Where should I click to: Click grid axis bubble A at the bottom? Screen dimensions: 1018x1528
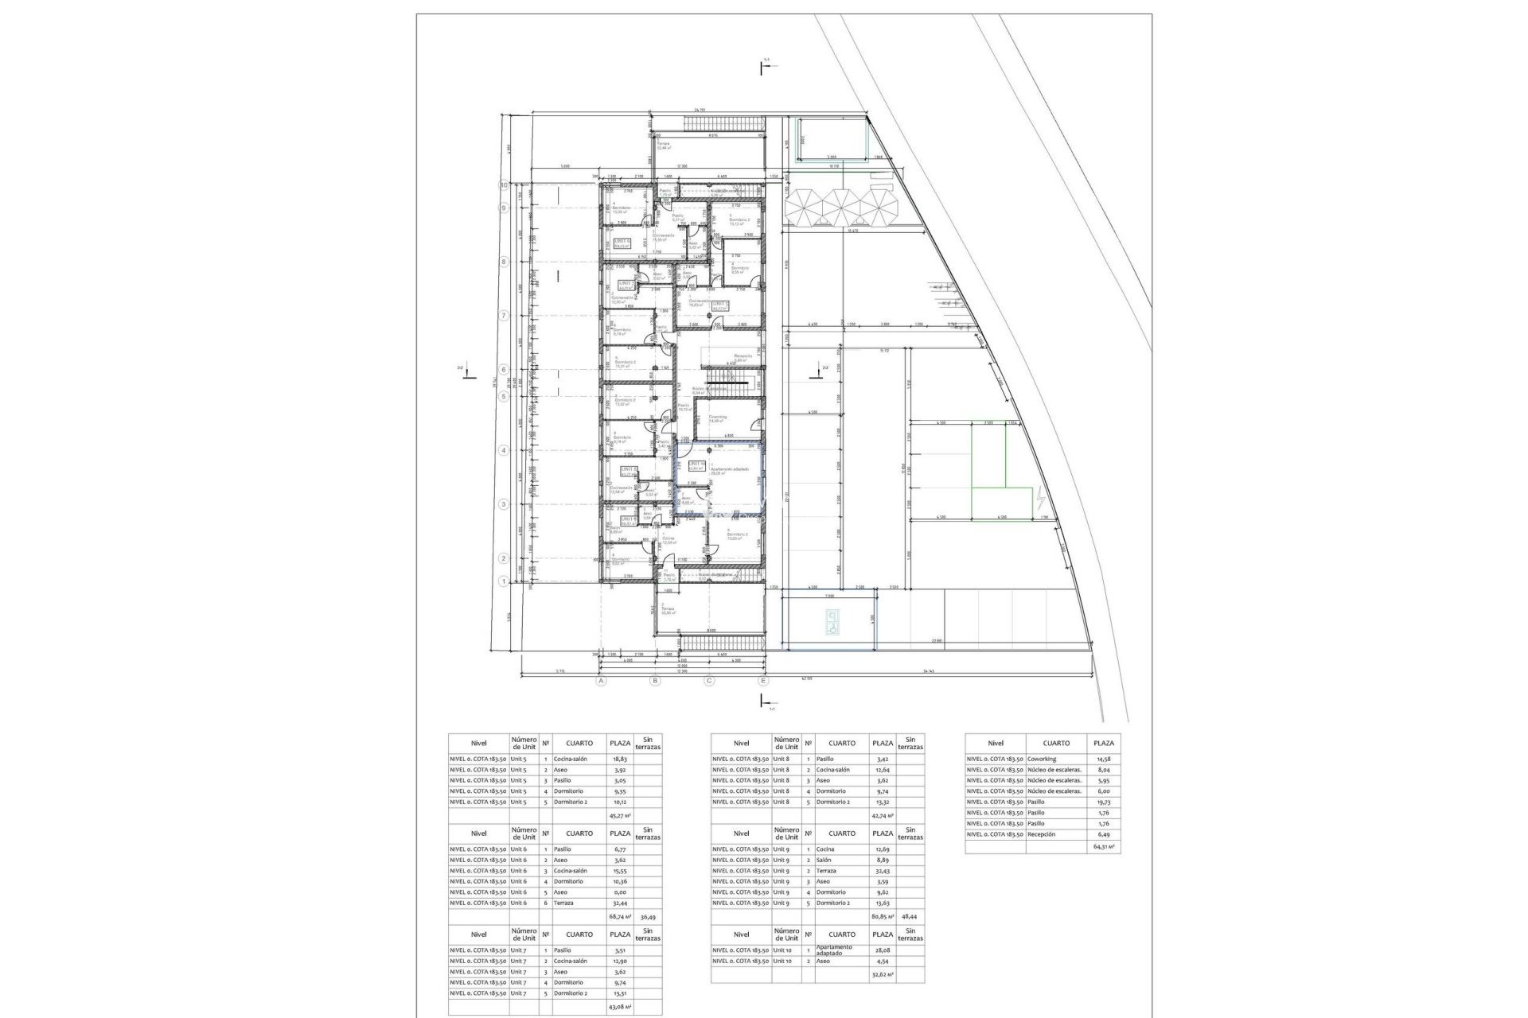602,681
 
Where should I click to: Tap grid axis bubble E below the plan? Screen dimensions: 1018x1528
763,681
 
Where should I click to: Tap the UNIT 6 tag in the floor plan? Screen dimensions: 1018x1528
622,243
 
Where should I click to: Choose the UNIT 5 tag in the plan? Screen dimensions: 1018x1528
720,305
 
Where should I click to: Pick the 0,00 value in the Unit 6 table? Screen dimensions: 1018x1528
618,892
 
